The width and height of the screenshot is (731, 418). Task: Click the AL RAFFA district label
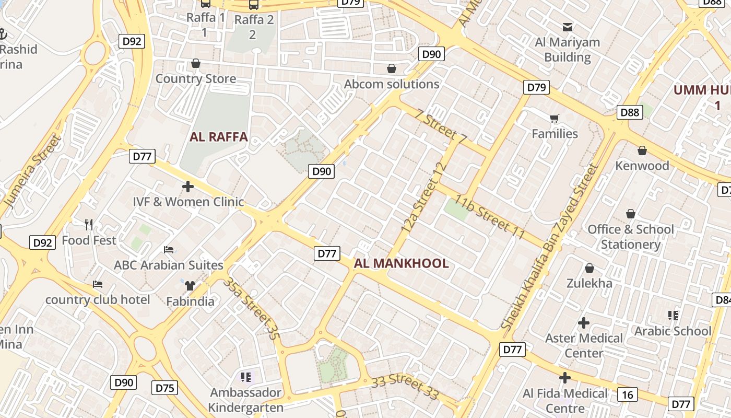pos(218,137)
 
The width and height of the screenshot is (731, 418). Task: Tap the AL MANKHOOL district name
pos(401,263)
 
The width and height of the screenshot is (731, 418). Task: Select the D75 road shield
pos(165,388)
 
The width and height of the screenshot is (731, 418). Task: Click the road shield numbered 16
pos(627,394)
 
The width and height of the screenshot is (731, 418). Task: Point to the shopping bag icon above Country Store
pos(196,64)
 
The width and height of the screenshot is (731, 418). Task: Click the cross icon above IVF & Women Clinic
pos(188,186)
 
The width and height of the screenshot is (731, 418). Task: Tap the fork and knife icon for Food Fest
pos(89,225)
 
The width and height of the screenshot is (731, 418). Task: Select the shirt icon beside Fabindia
pos(190,285)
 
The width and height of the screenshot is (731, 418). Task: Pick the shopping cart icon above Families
pos(554,119)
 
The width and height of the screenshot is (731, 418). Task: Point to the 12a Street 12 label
pos(425,198)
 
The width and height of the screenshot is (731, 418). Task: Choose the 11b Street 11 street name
pos(489,217)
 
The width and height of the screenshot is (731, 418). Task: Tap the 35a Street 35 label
pos(250,308)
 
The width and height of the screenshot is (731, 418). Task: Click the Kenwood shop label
pos(642,166)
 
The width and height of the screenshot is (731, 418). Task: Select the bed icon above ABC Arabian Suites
pos(169,250)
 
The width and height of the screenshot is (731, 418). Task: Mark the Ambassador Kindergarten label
pos(245,400)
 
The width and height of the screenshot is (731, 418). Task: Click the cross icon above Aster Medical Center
pos(584,323)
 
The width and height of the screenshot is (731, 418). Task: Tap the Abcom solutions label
pos(392,84)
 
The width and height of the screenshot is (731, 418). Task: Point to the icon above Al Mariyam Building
pos(568,27)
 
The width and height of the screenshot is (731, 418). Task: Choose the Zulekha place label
pos(589,283)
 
